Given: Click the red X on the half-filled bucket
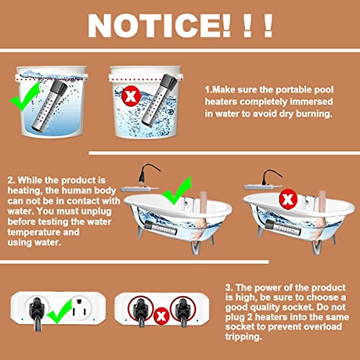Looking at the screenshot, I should (x=131, y=96).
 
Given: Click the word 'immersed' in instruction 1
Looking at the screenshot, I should (x=312, y=102).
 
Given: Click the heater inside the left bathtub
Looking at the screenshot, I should (x=160, y=230).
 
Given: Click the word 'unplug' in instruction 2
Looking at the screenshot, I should (x=96, y=211).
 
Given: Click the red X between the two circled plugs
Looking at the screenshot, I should (x=161, y=316).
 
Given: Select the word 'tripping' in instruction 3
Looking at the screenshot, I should (x=243, y=337).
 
